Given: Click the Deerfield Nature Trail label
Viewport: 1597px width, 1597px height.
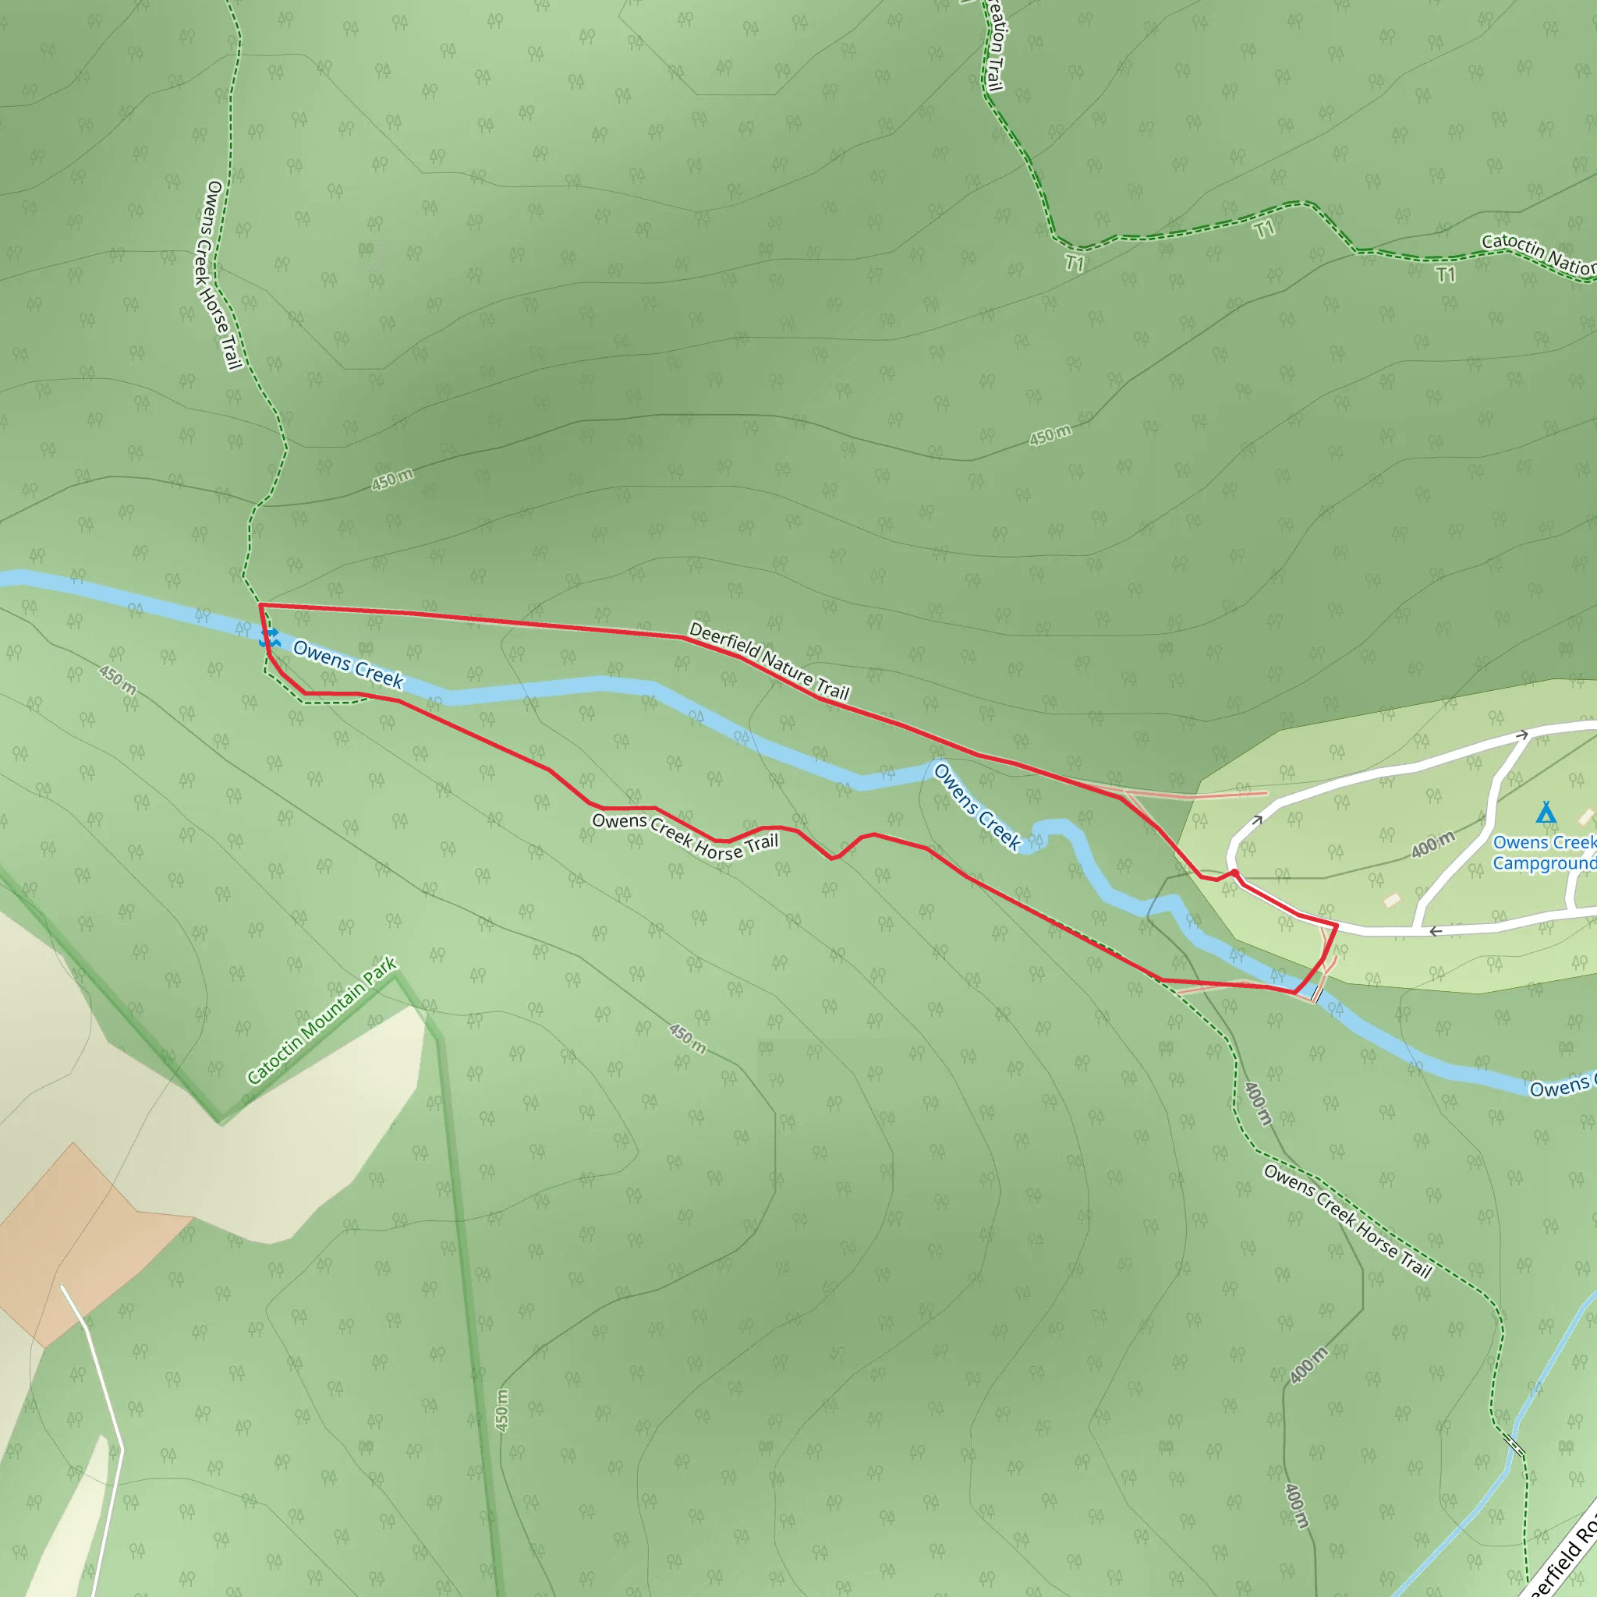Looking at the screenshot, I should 769,660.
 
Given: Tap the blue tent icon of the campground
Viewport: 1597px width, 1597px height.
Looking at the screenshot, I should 1546,813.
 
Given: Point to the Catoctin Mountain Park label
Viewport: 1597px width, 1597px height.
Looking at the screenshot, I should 322,1020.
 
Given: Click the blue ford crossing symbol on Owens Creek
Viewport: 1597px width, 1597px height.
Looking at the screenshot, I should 270,637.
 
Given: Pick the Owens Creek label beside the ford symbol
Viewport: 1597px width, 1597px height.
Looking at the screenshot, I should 348,664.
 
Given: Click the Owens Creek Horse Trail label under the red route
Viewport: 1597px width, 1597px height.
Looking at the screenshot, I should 685,837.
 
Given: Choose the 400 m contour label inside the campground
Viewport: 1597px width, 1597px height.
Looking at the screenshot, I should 1432,845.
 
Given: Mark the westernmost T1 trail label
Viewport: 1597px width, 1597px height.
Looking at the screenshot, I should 1074,263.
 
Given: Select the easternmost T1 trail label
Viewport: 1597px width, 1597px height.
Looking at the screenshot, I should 1445,274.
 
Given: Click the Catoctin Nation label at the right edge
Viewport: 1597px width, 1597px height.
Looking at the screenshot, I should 1538,252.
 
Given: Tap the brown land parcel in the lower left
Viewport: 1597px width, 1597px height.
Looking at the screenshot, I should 83,1240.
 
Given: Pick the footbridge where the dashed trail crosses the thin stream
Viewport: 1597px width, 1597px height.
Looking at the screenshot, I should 1515,1446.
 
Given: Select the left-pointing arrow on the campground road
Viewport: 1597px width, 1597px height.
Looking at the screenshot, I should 1436,932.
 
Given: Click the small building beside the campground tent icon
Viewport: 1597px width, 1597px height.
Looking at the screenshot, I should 1585,816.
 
